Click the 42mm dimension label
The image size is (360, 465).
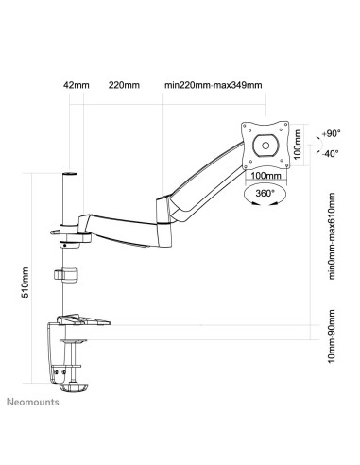(76, 85)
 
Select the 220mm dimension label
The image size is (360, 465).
(123, 85)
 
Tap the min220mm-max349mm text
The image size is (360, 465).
(213, 85)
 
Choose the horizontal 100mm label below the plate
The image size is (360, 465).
(264, 176)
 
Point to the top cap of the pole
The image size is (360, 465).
(69, 173)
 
